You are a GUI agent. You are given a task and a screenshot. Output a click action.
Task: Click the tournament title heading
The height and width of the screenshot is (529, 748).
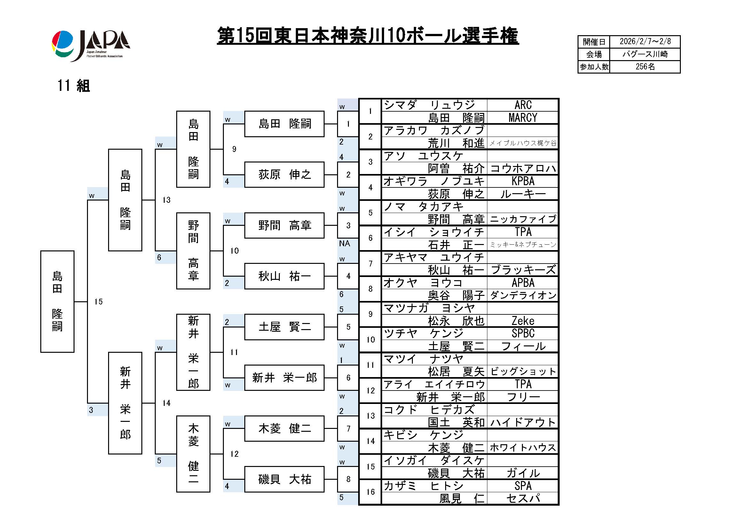coord(367,36)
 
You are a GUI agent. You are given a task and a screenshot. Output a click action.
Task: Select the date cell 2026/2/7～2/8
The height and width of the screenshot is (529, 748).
coord(645,42)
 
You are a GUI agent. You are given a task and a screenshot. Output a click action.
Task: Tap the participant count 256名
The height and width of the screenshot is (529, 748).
coord(645,67)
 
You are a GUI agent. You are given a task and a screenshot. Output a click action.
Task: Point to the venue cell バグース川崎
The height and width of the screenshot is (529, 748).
coord(645,54)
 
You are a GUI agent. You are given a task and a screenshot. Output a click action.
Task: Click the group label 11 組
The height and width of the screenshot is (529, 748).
coord(74,86)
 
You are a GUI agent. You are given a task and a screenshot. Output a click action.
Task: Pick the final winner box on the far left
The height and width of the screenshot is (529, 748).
coord(57,301)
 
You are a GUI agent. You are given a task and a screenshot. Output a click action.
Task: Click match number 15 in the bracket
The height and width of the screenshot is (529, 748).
coord(98,302)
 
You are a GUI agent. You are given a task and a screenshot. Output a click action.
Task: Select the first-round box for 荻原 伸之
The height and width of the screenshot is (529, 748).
coord(284,175)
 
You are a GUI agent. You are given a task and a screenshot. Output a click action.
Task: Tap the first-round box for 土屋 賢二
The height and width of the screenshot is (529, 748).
coord(284,327)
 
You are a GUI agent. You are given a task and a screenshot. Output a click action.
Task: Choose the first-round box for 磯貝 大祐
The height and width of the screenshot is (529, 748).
coord(284,479)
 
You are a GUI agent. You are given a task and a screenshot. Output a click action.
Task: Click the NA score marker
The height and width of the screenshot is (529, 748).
coord(344,243)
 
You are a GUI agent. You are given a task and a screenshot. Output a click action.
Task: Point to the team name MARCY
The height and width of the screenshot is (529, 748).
coord(523,118)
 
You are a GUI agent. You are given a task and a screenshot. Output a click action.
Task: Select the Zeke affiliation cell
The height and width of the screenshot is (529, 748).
coord(523,321)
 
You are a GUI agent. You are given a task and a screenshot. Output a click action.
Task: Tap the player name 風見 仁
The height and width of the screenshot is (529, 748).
coord(462,498)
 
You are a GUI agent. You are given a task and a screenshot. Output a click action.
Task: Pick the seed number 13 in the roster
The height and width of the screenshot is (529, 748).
coord(370,416)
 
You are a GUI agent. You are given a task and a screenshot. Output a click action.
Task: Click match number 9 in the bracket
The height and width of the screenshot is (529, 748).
coord(234,149)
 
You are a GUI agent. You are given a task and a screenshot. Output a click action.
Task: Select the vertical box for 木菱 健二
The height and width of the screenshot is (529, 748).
coord(193,454)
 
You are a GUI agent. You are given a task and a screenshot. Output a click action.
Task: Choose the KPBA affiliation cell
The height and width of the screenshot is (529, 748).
coord(523,181)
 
